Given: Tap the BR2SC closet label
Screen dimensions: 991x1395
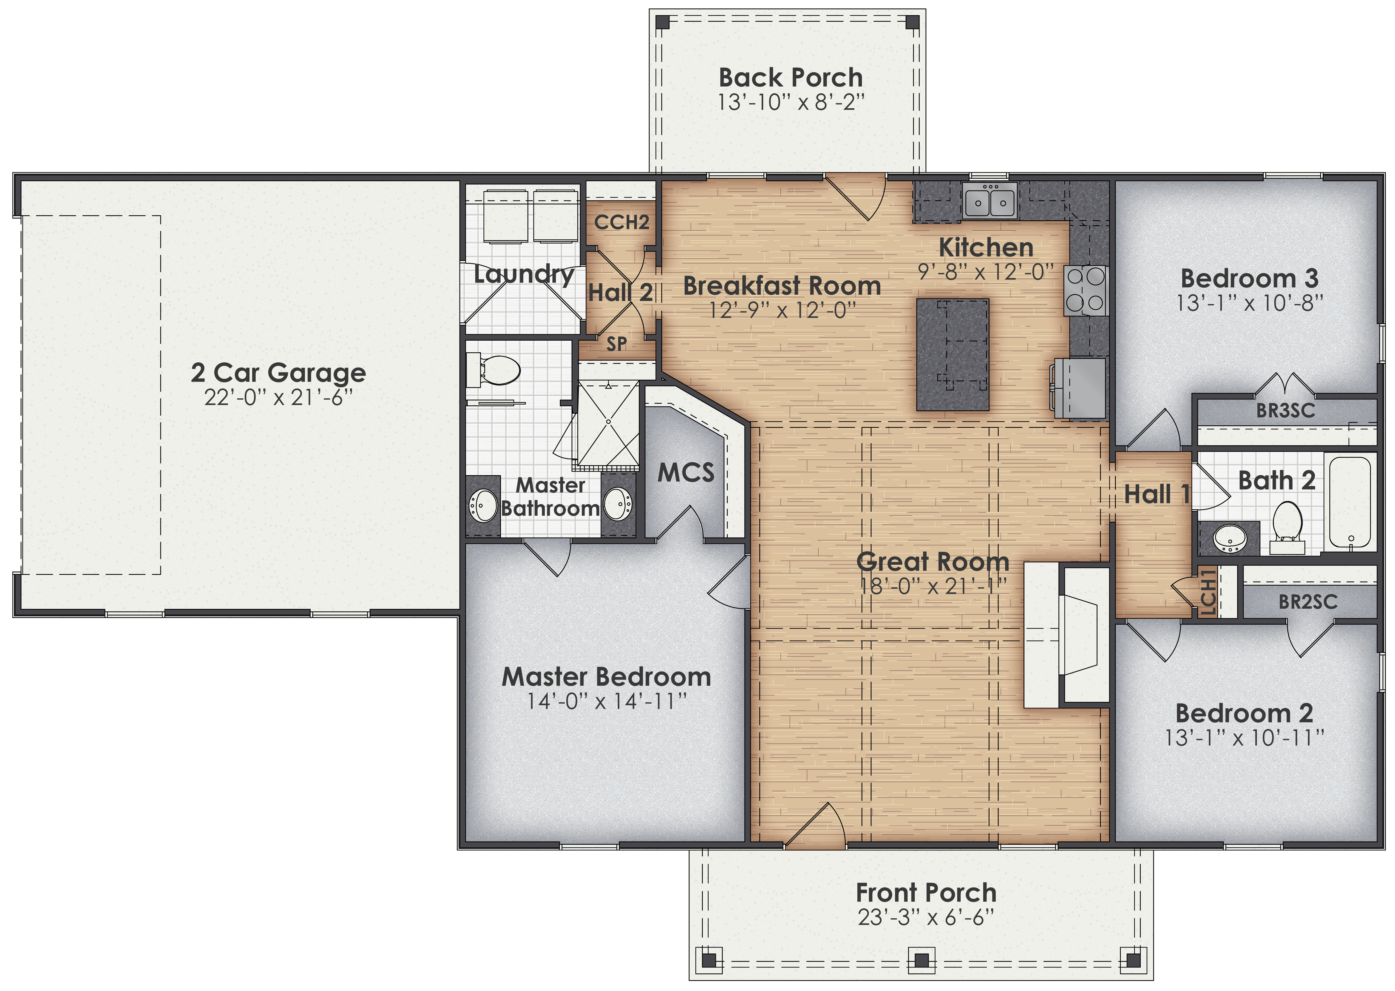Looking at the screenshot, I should [1308, 602].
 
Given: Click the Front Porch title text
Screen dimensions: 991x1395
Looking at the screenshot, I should [926, 893].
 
